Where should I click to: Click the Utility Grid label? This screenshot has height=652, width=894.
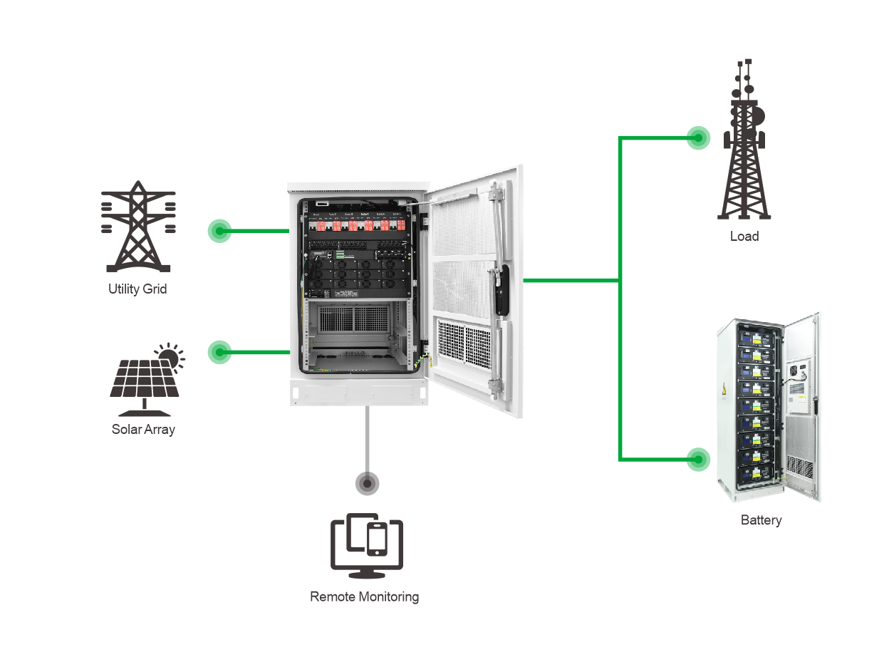coord(137,289)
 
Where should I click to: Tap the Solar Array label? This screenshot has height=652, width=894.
coord(143,429)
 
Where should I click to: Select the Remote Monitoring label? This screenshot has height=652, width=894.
coord(364,596)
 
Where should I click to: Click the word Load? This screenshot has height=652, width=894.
coord(744,236)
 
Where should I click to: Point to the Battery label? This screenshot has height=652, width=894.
coord(761,520)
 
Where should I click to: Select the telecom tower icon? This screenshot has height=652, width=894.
coord(744,143)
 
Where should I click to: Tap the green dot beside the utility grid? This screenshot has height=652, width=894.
coord(219,231)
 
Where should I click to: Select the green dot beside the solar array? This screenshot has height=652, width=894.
coord(219,352)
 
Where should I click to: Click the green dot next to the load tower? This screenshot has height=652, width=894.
coord(698,138)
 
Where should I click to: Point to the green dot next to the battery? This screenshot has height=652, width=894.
coord(698,459)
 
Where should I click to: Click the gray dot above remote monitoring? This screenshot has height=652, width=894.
coord(367,484)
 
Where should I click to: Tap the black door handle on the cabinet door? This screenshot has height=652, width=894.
coord(504,291)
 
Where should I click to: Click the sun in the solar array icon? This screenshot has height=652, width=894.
coord(169,355)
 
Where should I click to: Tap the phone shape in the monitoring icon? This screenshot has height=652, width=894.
coord(377,539)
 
